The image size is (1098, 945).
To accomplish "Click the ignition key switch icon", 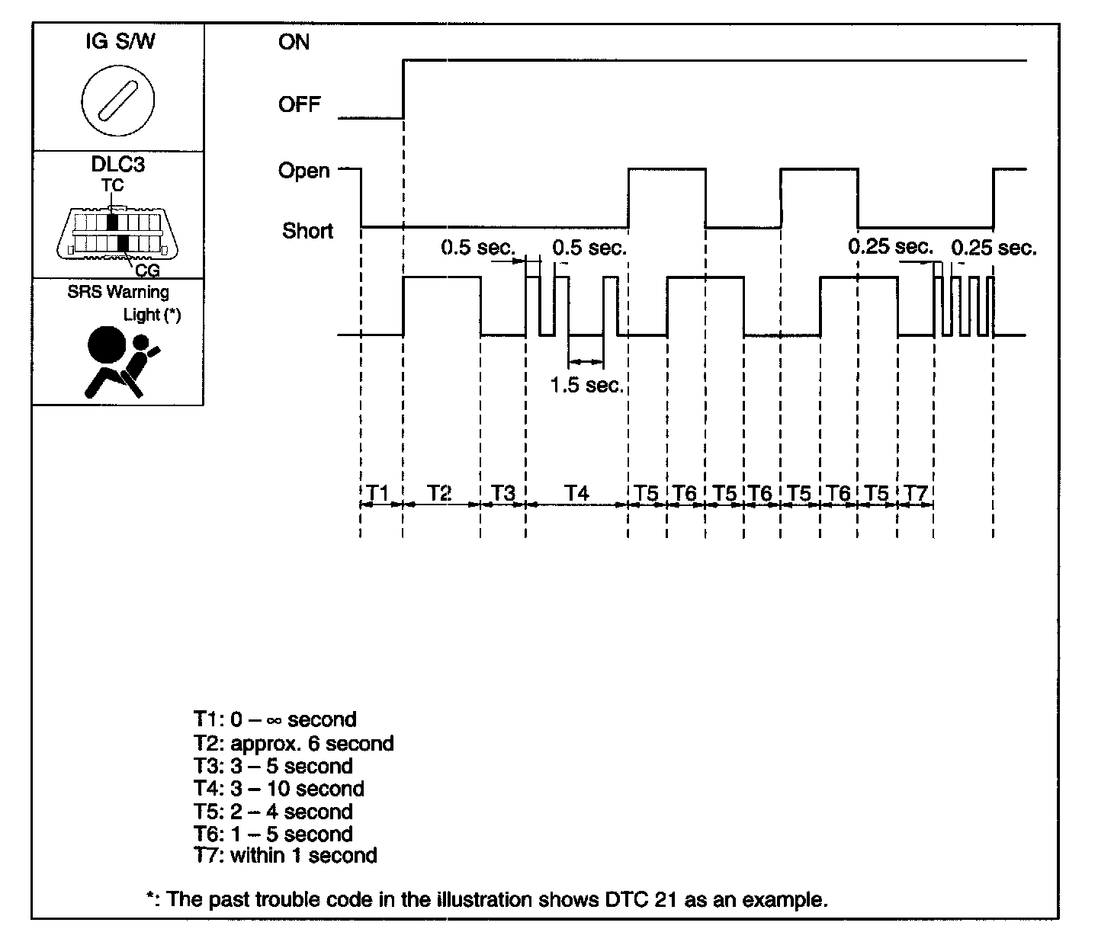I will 117,99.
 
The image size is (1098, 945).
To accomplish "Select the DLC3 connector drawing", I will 118,231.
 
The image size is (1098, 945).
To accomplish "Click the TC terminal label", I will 112,186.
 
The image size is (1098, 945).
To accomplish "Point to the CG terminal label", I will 147,270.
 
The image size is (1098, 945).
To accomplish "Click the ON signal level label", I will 294,42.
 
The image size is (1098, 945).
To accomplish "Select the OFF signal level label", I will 300,104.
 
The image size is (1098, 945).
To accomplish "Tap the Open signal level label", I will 304,171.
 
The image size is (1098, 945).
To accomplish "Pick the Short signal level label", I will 307,230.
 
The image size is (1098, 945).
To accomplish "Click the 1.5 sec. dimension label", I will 587,385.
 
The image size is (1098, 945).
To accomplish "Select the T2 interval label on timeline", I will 439,493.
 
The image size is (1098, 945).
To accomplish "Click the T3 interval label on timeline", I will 502,493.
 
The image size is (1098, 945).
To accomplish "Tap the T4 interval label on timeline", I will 576,493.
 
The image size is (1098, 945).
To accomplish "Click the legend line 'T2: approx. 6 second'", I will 294,743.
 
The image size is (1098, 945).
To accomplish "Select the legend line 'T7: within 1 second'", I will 285,855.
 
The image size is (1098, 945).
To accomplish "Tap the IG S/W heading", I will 120,41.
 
